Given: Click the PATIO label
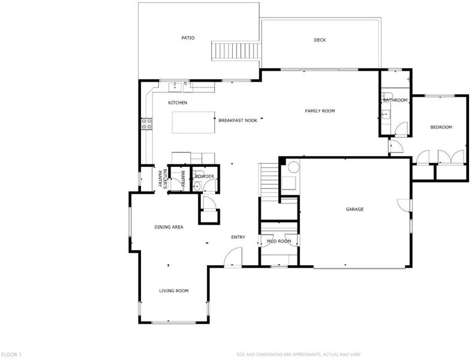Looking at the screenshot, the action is point(188,38).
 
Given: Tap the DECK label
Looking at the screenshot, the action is point(320,40).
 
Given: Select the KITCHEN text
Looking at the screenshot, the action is point(178,103).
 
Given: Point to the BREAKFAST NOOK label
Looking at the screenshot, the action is point(238,120).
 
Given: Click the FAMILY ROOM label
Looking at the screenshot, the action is point(320,111).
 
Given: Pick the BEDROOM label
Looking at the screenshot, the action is point(441,127).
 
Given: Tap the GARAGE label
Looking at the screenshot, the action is point(354,209).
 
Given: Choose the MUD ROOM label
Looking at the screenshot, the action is point(279,241).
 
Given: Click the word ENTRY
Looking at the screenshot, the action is point(238,237).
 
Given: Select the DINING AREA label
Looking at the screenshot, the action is point(169,227).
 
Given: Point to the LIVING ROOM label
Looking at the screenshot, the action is point(174,291).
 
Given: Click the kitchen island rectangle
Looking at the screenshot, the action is point(193,122).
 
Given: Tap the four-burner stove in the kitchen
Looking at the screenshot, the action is point(146,124).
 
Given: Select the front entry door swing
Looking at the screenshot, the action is point(233,257).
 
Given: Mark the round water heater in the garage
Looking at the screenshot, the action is point(293,166).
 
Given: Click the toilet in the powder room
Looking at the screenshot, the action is point(197,187).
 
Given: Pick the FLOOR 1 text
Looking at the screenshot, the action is point(11,355).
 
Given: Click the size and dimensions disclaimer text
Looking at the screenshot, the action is point(299,355).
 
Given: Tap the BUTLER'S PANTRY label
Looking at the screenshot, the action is point(163,179).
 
